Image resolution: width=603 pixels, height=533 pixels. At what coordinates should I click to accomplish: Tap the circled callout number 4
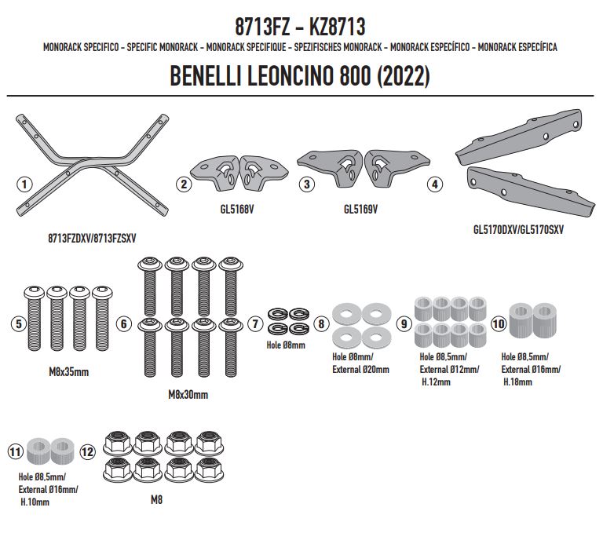[x=435, y=185]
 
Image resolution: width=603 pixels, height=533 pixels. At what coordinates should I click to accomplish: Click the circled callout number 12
[x=87, y=451]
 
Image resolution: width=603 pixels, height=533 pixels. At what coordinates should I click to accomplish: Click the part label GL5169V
[x=360, y=210]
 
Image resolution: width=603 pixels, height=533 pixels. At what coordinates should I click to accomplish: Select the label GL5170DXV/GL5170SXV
[x=518, y=230]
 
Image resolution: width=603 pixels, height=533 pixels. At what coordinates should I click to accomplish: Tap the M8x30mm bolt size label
[x=188, y=395]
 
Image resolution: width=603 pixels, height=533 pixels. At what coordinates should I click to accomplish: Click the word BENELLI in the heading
[x=206, y=78]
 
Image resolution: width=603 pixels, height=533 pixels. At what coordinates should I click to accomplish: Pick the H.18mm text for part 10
[x=517, y=382]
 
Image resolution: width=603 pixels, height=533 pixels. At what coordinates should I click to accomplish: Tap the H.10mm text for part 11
[x=33, y=502]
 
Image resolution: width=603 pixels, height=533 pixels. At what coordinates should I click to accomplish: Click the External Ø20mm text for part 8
[x=360, y=369]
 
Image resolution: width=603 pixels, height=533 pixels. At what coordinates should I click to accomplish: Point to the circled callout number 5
[x=16, y=323]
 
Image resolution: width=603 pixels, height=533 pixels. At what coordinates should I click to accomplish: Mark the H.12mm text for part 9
[x=435, y=382]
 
